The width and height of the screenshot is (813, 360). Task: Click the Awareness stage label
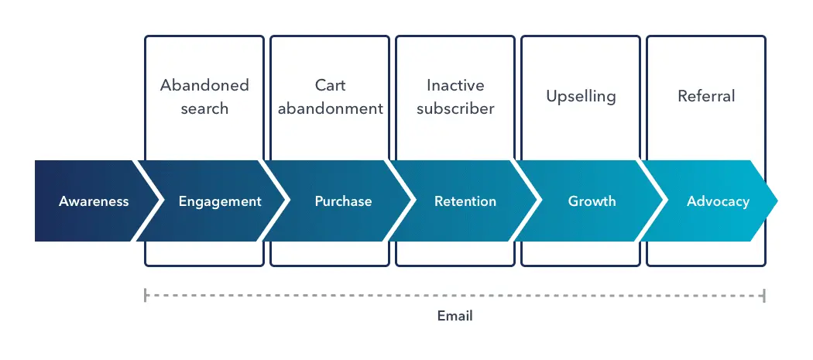[94, 201]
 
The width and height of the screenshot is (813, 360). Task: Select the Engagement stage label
[220, 201]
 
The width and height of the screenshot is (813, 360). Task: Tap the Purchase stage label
[343, 201]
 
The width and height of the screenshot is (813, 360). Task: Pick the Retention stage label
[465, 201]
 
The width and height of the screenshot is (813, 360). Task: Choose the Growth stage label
[592, 201]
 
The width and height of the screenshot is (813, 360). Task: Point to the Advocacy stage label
[718, 201]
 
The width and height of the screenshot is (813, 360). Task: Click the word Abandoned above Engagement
[204, 85]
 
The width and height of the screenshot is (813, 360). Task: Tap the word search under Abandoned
[204, 108]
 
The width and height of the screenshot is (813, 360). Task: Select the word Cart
[331, 85]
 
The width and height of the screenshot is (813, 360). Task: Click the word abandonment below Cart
[331, 108]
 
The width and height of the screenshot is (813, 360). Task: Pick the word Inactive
[456, 85]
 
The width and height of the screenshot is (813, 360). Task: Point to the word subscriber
[456, 108]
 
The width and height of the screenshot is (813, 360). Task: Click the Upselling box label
[581, 97]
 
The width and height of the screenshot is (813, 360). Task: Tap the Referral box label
[706, 97]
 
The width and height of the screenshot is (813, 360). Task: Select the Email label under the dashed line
[455, 316]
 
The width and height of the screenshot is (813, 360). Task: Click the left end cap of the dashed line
[145, 295]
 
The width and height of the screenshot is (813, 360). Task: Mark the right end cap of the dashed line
[764, 295]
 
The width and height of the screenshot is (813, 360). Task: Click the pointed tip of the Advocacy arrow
[776, 201]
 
